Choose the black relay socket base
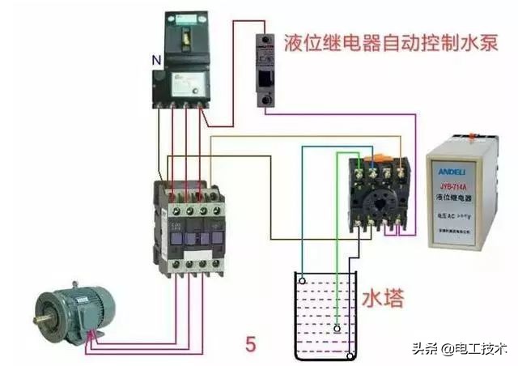click(x=378, y=194)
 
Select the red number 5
click(x=250, y=344)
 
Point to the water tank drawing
click(x=324, y=316)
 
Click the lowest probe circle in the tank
click(x=350, y=355)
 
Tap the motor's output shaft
click(x=41, y=319)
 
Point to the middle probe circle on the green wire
click(x=338, y=329)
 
